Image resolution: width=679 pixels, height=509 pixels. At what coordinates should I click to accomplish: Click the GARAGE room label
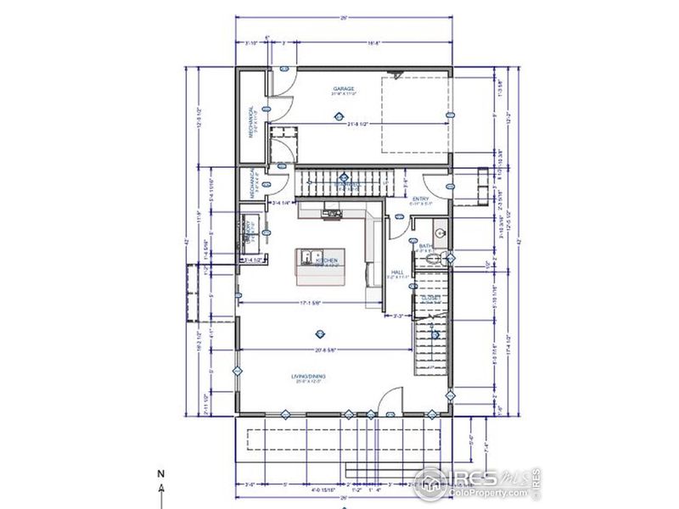pos(343,88)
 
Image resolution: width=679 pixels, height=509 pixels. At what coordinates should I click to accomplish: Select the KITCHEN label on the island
pos(329,260)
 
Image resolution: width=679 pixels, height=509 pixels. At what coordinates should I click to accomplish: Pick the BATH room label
pos(426,246)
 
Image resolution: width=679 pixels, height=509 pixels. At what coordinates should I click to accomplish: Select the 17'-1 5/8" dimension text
pos(309,302)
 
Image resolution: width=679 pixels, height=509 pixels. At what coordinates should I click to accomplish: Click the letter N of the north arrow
pos(160,473)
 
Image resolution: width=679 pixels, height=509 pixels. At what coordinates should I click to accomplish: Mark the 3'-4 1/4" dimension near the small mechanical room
pos(280,204)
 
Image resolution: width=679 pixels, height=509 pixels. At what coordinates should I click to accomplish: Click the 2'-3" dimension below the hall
pos(401,316)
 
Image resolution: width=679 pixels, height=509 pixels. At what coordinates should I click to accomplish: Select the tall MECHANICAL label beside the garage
pos(252,121)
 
